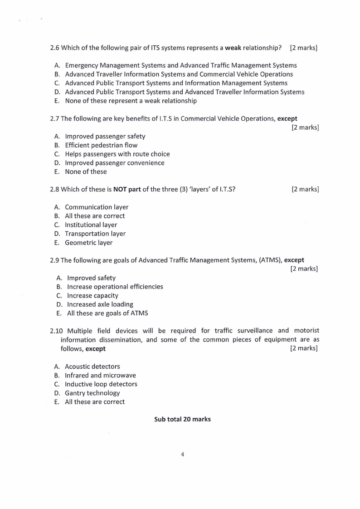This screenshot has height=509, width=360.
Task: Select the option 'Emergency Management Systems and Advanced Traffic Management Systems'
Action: click(181, 65)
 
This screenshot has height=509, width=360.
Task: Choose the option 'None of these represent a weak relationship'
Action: click(131, 101)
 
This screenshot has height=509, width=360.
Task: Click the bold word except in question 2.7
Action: click(287, 118)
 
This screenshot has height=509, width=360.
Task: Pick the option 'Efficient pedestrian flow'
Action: click(101, 145)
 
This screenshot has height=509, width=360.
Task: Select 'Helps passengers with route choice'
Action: click(117, 154)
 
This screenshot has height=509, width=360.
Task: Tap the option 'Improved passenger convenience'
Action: click(115, 163)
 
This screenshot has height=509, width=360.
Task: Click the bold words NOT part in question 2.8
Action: click(127, 189)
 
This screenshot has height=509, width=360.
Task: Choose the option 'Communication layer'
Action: click(97, 207)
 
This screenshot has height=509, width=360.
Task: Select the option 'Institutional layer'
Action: click(91, 225)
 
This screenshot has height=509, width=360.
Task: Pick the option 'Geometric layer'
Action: click(89, 242)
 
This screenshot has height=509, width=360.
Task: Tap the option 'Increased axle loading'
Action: click(100, 304)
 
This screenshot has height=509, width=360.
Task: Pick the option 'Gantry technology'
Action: click(92, 393)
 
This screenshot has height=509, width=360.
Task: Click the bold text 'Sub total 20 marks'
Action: click(182, 419)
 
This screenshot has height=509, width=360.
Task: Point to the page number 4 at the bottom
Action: click(182, 455)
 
